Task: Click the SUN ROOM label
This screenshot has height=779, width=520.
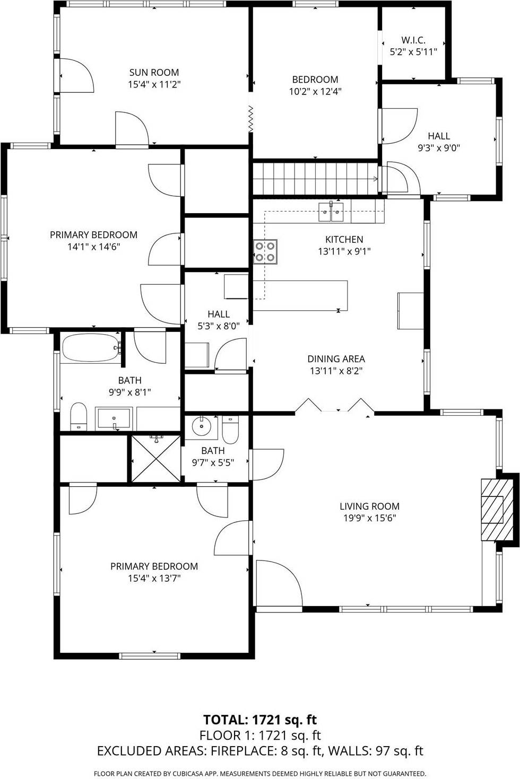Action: coord(154,73)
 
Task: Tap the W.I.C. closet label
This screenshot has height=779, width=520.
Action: coord(413,40)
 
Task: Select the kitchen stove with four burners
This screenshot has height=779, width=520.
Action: coord(265,251)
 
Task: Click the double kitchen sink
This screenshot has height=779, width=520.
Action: coord(331,212)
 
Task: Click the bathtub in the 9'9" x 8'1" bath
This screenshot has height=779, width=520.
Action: coord(91,348)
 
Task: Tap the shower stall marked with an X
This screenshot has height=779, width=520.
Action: coord(156,459)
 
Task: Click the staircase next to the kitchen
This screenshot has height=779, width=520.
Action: coord(316,179)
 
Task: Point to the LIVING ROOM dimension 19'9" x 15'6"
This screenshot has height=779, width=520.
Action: coord(369,518)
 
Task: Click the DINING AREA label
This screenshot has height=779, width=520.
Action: coord(336,359)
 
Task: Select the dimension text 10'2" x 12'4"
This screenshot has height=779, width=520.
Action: coord(315,91)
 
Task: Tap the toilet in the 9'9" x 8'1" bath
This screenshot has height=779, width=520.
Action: coord(79,416)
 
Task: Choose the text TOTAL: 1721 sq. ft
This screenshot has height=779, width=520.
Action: coord(260,720)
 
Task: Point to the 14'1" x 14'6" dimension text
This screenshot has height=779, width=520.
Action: coord(93,247)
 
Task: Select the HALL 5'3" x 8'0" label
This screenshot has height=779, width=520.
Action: coord(219,320)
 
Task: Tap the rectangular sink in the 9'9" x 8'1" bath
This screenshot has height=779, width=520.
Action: coord(114,418)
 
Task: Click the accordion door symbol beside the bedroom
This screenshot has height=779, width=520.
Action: coord(251,118)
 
